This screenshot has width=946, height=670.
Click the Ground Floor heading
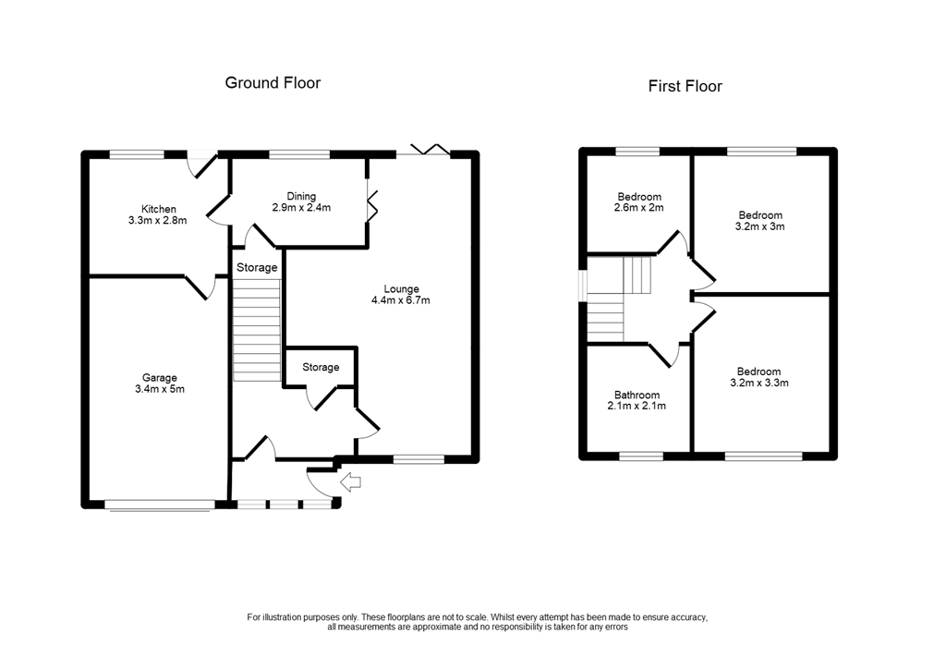pyautogui.click(x=273, y=82)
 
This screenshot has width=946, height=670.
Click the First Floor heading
pyautogui.click(x=685, y=86)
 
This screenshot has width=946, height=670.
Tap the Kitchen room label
pyautogui.click(x=159, y=210)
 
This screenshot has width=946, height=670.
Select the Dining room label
pyautogui.click(x=301, y=196)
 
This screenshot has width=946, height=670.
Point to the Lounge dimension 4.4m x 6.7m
pyautogui.click(x=401, y=300)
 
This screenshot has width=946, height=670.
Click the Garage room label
pyautogui.click(x=160, y=378)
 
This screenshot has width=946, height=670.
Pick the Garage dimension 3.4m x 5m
pyautogui.click(x=160, y=389)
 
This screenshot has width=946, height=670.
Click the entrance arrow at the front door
pyautogui.click(x=350, y=481)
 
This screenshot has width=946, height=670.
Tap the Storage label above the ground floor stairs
pyautogui.click(x=257, y=267)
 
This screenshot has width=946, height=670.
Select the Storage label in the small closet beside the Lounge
pyautogui.click(x=321, y=367)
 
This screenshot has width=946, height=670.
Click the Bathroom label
pyautogui.click(x=637, y=395)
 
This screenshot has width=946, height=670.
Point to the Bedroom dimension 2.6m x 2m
pyautogui.click(x=639, y=208)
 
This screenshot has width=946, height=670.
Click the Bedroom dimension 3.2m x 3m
pyautogui.click(x=760, y=226)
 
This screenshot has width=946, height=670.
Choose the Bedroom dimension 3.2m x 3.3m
pyautogui.click(x=759, y=383)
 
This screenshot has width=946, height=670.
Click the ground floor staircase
pyautogui.click(x=257, y=330)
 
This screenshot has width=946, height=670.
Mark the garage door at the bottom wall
pyautogui.click(x=160, y=506)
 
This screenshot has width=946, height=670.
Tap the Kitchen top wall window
pyautogui.click(x=137, y=154)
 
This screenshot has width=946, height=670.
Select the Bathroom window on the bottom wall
pyautogui.click(x=641, y=457)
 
